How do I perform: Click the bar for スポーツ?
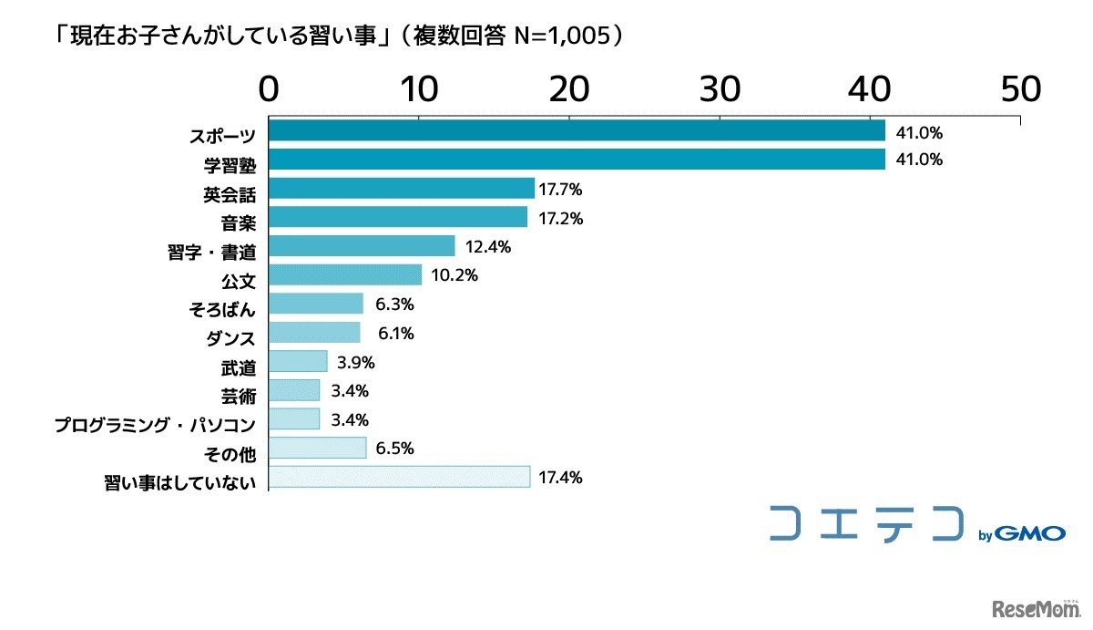577,131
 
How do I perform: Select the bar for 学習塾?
577,160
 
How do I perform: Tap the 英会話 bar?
402,189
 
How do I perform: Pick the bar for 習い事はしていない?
400,477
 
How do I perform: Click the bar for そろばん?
316,304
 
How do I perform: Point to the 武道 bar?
298,362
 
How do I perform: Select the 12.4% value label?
487,246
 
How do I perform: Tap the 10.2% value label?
455,275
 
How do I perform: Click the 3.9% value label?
355,362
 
